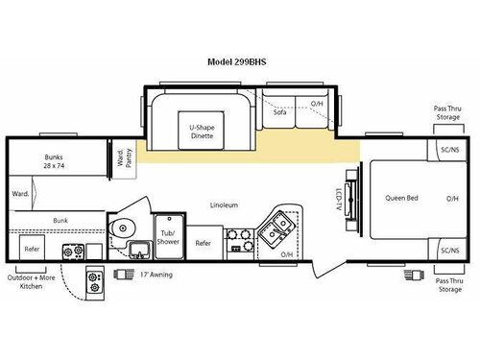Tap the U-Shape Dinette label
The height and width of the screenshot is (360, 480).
[201, 132]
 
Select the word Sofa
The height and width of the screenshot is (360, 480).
[280, 112]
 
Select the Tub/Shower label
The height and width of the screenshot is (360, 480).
[169, 238]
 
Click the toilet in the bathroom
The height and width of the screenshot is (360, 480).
[122, 228]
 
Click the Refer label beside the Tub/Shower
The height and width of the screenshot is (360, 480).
[203, 244]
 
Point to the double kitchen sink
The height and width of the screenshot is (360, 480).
[279, 228]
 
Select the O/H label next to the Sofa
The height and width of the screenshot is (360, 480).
[317, 104]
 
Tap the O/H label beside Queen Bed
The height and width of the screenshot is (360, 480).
[452, 199]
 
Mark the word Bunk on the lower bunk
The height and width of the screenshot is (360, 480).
[60, 221]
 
